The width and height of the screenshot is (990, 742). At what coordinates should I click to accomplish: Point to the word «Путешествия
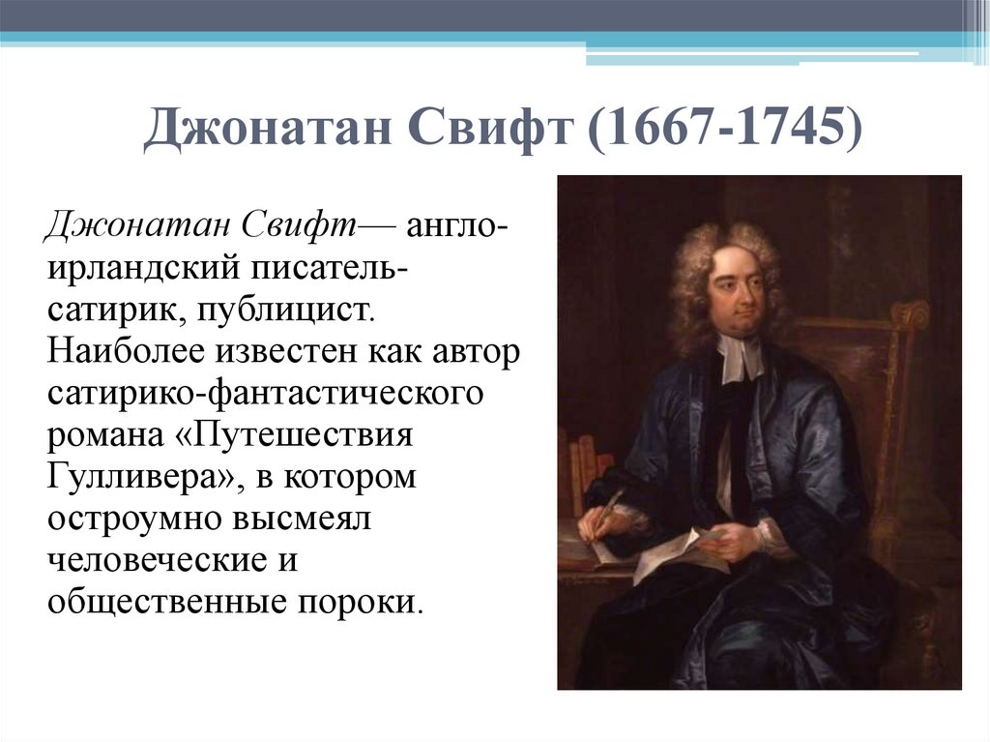tap(300, 435)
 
